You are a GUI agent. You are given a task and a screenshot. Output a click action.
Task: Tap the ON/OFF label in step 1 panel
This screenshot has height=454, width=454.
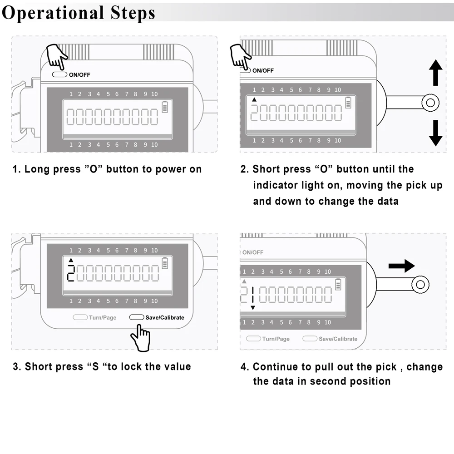click(79, 75)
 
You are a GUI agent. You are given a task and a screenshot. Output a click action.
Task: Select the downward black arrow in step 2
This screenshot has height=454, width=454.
click(435, 133)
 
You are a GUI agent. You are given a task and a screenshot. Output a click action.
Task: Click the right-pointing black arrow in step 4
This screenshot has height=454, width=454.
click(401, 266)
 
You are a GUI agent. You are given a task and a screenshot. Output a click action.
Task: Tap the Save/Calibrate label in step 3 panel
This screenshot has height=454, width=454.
click(165, 317)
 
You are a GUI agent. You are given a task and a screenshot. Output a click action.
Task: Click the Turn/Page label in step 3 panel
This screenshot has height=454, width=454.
click(103, 317)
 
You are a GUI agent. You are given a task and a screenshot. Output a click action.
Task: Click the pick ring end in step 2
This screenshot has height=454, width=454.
click(430, 102)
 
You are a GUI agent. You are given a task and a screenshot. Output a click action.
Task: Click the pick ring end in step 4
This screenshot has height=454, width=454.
click(420, 285)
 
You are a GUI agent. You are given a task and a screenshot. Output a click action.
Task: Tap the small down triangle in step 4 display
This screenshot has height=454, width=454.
click(253, 308)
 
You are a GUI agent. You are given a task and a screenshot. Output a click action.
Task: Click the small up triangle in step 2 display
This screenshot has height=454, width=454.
click(254, 100)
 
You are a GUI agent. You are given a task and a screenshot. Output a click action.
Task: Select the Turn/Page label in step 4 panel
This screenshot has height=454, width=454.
click(276, 339)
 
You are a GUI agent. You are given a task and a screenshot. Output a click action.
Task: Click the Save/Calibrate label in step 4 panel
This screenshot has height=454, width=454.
click(338, 339)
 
